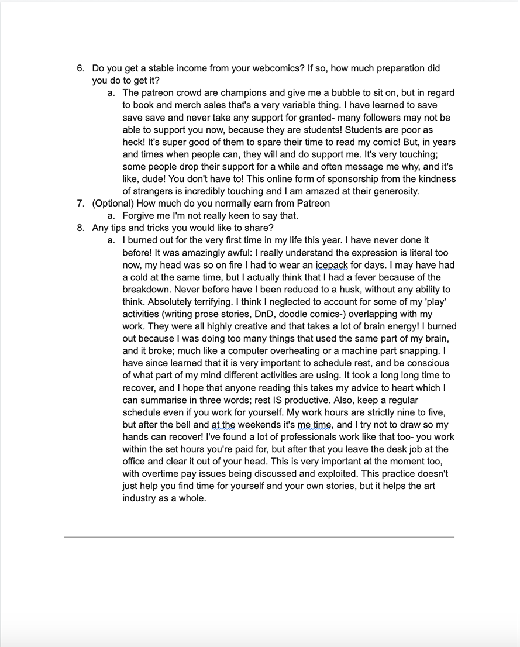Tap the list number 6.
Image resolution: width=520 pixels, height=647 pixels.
[81, 68]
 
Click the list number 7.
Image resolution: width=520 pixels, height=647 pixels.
[81, 204]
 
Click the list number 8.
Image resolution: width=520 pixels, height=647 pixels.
[81, 228]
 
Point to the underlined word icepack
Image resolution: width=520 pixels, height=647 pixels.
[332, 265]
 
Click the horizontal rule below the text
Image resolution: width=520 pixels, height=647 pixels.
[259, 536]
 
